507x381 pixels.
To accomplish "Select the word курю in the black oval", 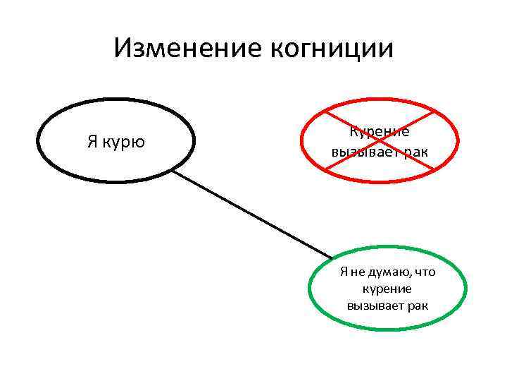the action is [x=127, y=142].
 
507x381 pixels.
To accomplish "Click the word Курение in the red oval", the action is [x=380, y=131].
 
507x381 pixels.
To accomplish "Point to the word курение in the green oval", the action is [x=387, y=289].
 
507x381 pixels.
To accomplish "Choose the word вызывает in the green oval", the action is [x=373, y=306].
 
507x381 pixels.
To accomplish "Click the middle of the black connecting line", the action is [x=252, y=213].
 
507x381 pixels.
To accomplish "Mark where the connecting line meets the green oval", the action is [x=332, y=258].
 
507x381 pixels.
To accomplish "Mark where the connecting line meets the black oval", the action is [x=173, y=169].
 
